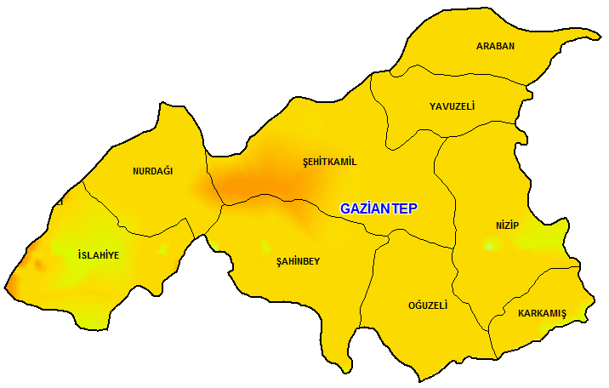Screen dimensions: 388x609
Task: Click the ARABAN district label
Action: [x=495, y=46]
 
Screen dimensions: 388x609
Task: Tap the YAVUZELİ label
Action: [x=452, y=106]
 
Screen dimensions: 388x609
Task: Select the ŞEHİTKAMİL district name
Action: [x=330, y=162]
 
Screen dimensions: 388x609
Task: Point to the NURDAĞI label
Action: [x=153, y=171]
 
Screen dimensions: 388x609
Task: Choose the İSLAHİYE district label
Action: [x=98, y=255]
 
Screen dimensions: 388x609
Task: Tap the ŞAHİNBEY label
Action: [x=299, y=261]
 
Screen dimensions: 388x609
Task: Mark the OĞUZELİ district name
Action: [x=427, y=305]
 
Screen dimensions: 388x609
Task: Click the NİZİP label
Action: [x=507, y=225]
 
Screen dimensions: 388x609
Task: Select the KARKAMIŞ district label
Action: [x=542, y=313]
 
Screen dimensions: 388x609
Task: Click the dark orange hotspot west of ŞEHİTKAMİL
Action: [x=242, y=183]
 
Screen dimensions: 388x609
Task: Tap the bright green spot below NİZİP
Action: [x=490, y=246]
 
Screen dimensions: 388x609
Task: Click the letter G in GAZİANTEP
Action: [x=345, y=208]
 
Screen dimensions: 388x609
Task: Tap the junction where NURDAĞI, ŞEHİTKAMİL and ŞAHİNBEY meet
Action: [x=224, y=205]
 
